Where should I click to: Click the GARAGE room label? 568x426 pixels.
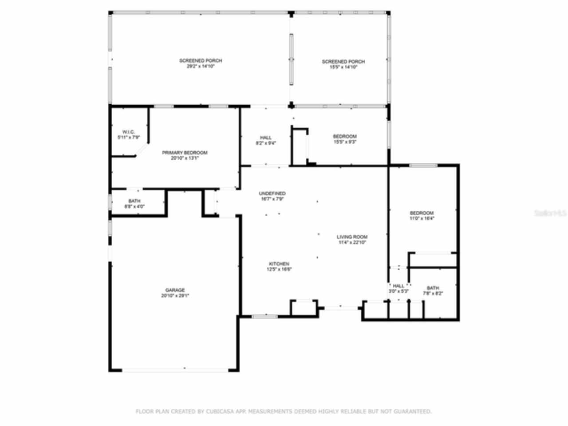(x=175, y=290)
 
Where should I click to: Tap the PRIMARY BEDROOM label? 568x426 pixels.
(x=184, y=153)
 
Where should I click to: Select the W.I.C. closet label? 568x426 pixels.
(x=128, y=132)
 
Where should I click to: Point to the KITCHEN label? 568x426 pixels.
(x=279, y=264)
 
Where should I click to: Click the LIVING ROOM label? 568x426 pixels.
(x=352, y=237)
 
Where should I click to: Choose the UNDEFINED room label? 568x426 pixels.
(x=272, y=193)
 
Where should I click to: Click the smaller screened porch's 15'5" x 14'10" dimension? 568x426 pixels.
(x=343, y=67)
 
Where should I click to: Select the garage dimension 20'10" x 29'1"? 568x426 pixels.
(x=175, y=296)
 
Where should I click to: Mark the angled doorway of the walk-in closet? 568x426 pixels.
(x=142, y=150)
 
